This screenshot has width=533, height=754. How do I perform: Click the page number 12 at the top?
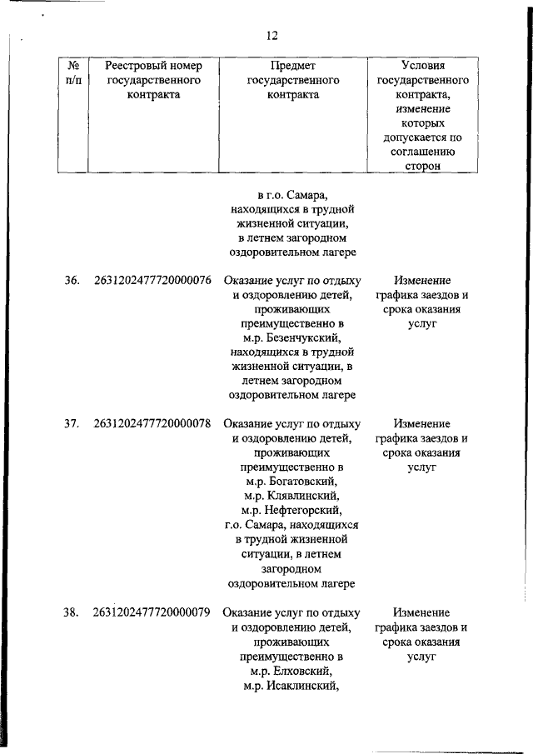(x=271, y=36)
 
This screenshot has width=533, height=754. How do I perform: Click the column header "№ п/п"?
(x=72, y=72)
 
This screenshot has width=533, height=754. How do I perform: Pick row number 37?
(x=72, y=423)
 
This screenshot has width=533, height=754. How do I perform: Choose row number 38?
(x=72, y=612)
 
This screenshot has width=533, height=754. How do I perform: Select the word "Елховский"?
(x=301, y=672)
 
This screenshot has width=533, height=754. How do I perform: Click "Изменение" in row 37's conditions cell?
(x=422, y=423)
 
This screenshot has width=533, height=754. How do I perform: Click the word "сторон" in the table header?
(x=421, y=166)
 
